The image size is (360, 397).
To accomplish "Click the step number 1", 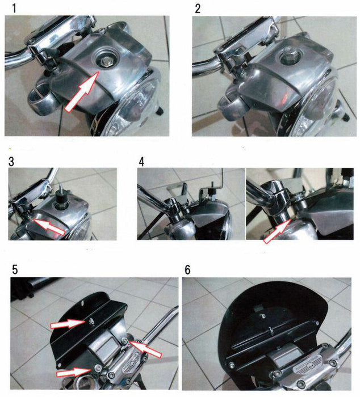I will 7,9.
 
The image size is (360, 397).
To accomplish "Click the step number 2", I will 198,9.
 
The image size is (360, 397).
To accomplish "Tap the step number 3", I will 12,161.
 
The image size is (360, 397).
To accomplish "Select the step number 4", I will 142,161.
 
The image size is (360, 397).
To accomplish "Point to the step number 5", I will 15,270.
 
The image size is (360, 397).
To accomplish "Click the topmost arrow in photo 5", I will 68,324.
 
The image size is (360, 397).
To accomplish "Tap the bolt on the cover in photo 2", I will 288,59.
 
